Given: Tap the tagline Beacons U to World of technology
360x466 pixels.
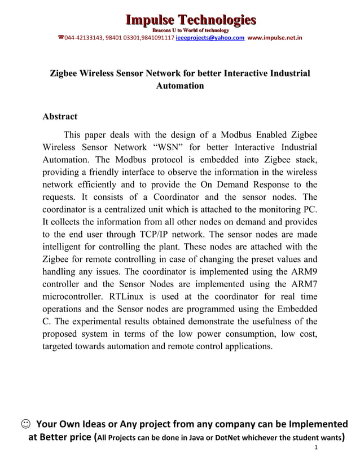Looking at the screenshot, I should tap(191, 30).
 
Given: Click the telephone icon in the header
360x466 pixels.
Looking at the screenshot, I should tap(60, 38).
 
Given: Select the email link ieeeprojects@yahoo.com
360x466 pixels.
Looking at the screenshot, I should tap(210, 38).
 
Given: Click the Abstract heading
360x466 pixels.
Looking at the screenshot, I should tap(60, 116).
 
